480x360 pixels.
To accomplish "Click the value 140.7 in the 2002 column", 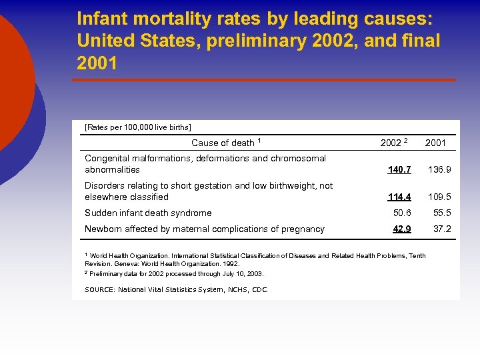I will (x=399, y=170).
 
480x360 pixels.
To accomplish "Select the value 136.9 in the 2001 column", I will (x=439, y=170).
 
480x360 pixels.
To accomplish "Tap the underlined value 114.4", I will (x=399, y=197).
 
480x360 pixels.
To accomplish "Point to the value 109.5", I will (x=439, y=197).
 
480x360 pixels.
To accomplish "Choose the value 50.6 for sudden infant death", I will (x=402, y=213).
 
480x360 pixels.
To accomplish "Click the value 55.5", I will (x=442, y=213).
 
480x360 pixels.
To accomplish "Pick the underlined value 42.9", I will (x=402, y=229).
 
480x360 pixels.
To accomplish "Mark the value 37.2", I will (x=442, y=229).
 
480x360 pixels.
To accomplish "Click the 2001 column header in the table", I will (x=435, y=143).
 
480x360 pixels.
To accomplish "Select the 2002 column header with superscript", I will (x=393, y=143).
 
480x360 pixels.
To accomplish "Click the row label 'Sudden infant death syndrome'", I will (x=148, y=213).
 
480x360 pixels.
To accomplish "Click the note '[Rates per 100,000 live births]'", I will (x=138, y=127).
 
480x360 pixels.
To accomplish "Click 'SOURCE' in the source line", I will (x=99, y=289).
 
